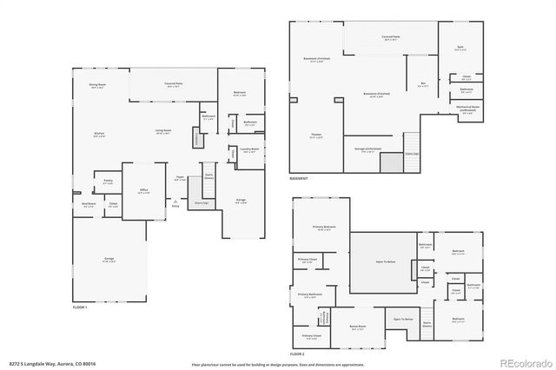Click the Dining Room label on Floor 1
(96, 84)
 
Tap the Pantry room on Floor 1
(108, 182)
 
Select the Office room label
(143, 191)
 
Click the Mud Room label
(89, 204)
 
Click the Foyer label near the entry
(180, 178)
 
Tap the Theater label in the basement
(316, 135)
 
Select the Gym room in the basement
(460, 50)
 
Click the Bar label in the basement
(423, 84)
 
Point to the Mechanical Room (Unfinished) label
(467, 110)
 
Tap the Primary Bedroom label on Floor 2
(325, 228)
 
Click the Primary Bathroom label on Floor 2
(310, 294)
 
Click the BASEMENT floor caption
(300, 178)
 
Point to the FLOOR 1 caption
(80, 307)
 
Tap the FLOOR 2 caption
(299, 354)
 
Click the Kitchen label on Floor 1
(99, 134)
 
